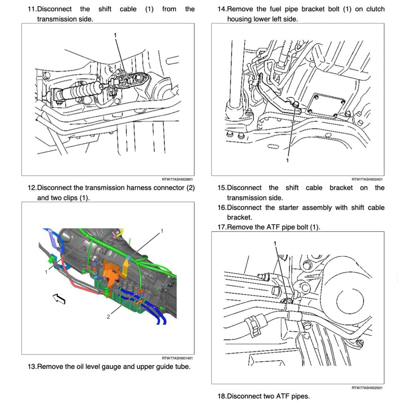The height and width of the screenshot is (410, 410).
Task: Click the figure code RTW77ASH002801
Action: [177, 180]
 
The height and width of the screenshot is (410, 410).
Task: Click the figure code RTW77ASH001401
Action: [177, 358]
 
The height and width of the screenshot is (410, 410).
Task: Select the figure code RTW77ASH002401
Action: [367, 180]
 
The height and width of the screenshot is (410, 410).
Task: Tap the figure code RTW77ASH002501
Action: [367, 388]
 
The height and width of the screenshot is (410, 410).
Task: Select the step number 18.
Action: [221, 396]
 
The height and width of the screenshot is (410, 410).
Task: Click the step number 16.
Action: [221, 207]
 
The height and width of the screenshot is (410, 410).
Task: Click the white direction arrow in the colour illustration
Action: [58, 298]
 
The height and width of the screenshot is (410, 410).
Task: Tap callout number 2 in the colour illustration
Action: [108, 316]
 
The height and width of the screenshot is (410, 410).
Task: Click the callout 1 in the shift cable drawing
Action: [115, 35]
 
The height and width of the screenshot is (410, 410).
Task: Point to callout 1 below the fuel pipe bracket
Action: [287, 160]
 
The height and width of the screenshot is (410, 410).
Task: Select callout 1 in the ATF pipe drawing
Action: [275, 243]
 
